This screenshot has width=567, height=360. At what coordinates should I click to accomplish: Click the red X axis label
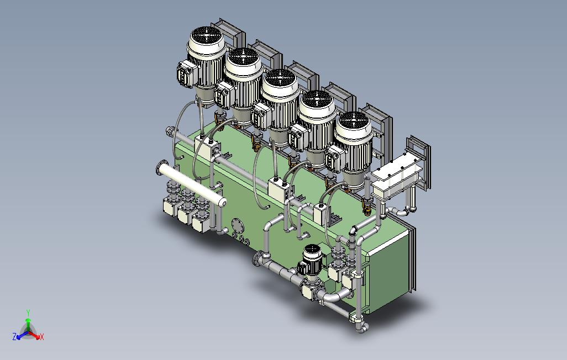pos(41,337)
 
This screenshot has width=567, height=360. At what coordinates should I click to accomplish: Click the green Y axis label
pos(28,313)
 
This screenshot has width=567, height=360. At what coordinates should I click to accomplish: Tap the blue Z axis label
pos(14,337)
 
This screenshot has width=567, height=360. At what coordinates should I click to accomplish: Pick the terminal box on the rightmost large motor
pos(334,159)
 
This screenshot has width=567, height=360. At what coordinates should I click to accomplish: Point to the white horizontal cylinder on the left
pos(192,186)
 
